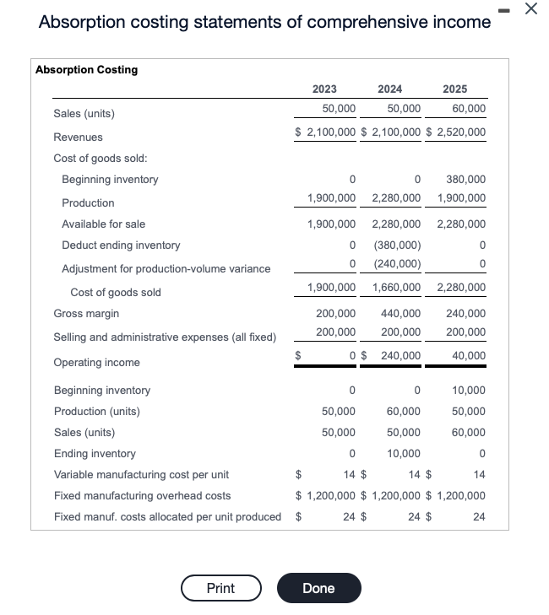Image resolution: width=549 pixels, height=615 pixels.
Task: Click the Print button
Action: pos(220,588)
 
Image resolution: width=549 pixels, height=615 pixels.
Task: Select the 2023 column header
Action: pos(324,89)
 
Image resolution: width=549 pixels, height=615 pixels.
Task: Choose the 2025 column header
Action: pos(454,89)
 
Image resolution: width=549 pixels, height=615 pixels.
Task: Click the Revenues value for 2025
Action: pos(456,132)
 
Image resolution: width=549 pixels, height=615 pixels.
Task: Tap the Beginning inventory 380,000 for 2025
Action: pos(465,180)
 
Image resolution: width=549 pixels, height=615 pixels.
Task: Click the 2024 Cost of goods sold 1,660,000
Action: pos(396,288)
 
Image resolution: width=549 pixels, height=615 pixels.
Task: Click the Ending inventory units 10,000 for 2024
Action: pos(403,453)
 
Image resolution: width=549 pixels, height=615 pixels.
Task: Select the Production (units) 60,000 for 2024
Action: pos(403,411)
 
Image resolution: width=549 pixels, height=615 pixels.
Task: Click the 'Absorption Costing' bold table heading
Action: pos(86,70)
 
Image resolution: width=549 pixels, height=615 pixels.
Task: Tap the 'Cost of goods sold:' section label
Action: pos(101,159)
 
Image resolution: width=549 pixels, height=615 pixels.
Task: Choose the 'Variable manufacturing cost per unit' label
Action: pos(141,475)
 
